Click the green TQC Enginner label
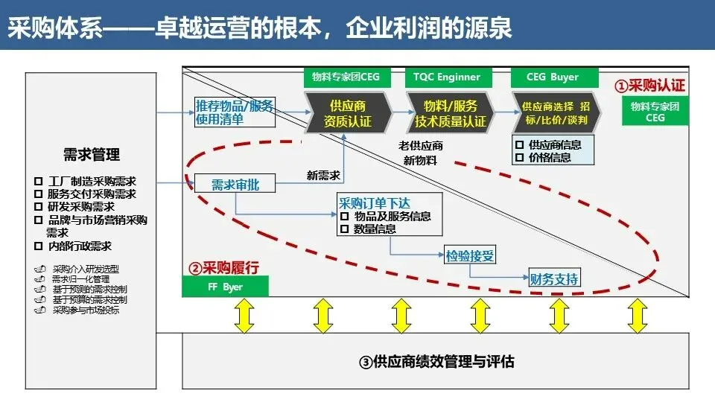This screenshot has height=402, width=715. (x=448, y=77)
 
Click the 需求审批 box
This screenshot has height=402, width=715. (x=235, y=184)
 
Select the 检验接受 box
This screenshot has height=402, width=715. (x=470, y=256)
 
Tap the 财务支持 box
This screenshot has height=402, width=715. (x=553, y=279)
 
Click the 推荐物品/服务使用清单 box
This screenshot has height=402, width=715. (x=234, y=112)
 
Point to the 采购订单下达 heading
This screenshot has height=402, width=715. (x=374, y=202)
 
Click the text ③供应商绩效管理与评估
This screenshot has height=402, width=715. (x=436, y=363)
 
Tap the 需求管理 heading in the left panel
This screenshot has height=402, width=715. (x=92, y=155)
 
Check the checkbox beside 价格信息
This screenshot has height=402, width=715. (x=519, y=158)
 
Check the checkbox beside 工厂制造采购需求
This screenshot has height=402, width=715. (x=38, y=182)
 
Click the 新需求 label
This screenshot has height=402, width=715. (x=324, y=176)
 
